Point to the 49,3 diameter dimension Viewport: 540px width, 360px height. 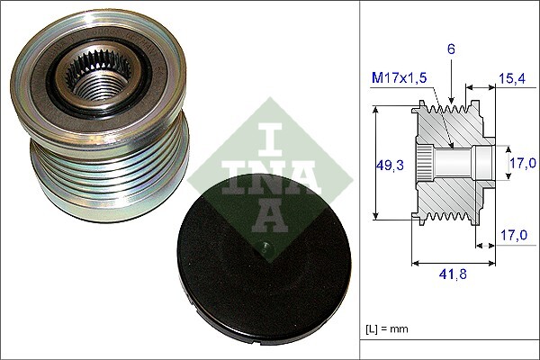(x=388, y=165)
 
